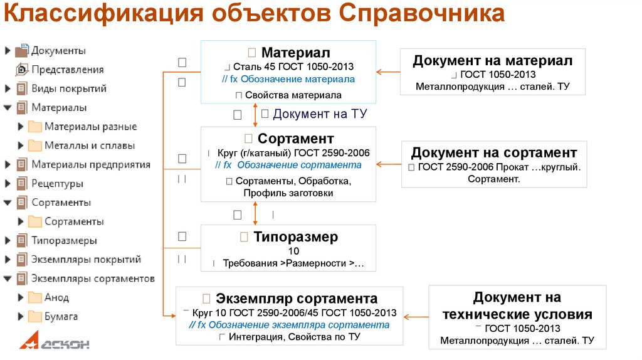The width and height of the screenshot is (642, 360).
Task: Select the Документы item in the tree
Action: (x=58, y=50)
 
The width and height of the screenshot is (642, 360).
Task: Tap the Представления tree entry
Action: (x=68, y=70)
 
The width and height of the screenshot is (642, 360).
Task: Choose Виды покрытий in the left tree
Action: (x=69, y=88)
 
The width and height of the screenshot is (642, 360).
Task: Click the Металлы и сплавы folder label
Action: (x=90, y=146)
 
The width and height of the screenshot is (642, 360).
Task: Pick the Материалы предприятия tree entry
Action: (x=91, y=164)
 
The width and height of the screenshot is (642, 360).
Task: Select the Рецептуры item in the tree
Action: (x=57, y=184)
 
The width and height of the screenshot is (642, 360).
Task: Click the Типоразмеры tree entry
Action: (x=64, y=240)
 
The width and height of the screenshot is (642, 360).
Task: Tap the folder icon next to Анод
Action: (x=34, y=297)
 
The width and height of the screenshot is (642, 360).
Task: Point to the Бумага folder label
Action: (x=61, y=316)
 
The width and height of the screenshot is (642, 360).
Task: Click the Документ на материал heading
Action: (x=492, y=61)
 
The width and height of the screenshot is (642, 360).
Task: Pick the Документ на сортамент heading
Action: (x=494, y=152)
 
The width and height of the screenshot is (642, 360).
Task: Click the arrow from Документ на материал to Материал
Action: (x=389, y=72)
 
